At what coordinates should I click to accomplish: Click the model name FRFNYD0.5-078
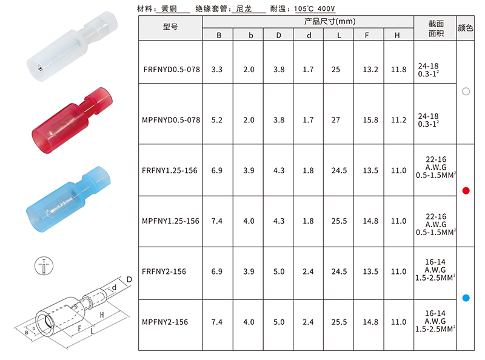tap(172, 69)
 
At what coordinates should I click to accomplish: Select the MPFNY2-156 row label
tap(165, 322)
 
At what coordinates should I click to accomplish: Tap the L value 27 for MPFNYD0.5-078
tap(336, 120)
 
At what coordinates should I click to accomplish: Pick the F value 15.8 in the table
tap(370, 120)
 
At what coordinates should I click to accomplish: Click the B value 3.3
tap(217, 69)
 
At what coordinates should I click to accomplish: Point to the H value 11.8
tap(398, 69)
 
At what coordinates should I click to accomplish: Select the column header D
tap(279, 35)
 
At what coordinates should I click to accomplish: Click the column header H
tap(397, 35)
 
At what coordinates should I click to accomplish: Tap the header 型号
tap(170, 27)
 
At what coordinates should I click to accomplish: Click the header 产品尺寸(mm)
tap(330, 21)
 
